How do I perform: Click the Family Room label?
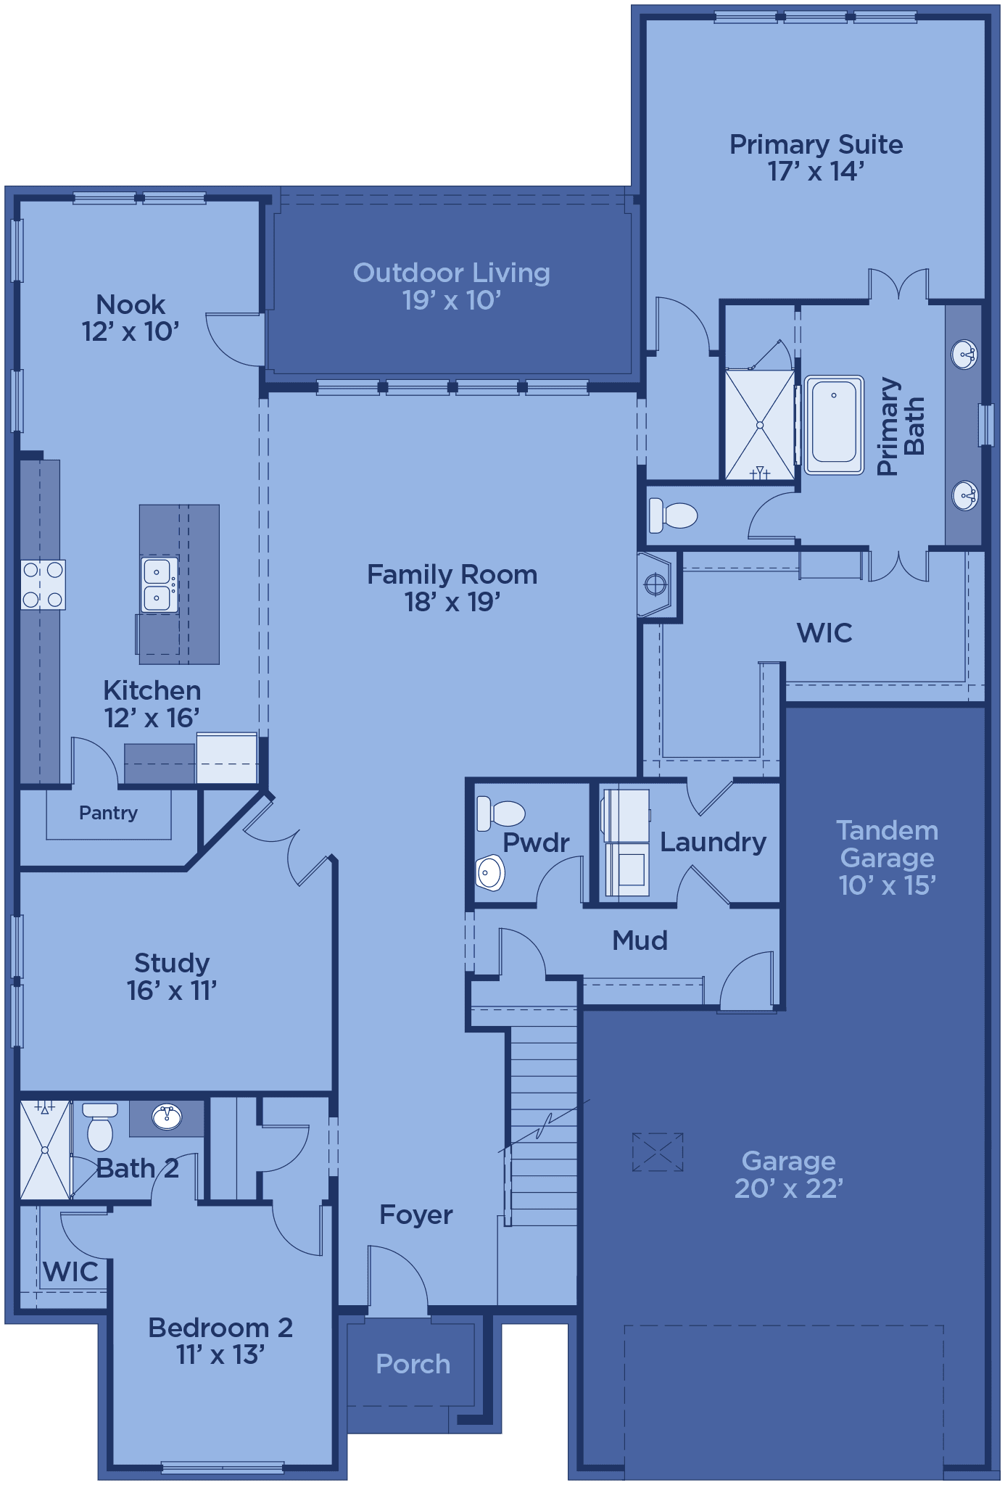click(x=452, y=574)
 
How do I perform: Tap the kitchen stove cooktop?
click(x=43, y=584)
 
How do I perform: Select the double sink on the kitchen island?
click(x=159, y=584)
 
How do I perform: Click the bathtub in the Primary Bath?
click(x=834, y=424)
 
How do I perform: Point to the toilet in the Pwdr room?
click(x=500, y=814)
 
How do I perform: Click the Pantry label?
click(x=108, y=813)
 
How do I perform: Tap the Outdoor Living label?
click(x=451, y=273)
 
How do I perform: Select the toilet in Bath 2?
click(x=100, y=1126)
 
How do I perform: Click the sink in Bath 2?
click(x=167, y=1117)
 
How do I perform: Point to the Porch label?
click(x=413, y=1364)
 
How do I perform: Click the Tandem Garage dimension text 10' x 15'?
click(x=888, y=885)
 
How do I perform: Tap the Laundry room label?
click(x=713, y=842)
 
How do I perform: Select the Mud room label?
click(x=640, y=940)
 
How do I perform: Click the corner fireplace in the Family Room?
click(x=655, y=584)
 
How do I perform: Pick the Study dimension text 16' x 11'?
click(x=172, y=990)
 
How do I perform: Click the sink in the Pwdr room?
click(x=491, y=872)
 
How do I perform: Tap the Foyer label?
click(x=416, y=1215)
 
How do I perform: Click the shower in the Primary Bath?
click(x=760, y=425)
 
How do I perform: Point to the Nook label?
click(x=131, y=305)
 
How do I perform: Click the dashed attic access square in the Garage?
click(x=658, y=1152)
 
